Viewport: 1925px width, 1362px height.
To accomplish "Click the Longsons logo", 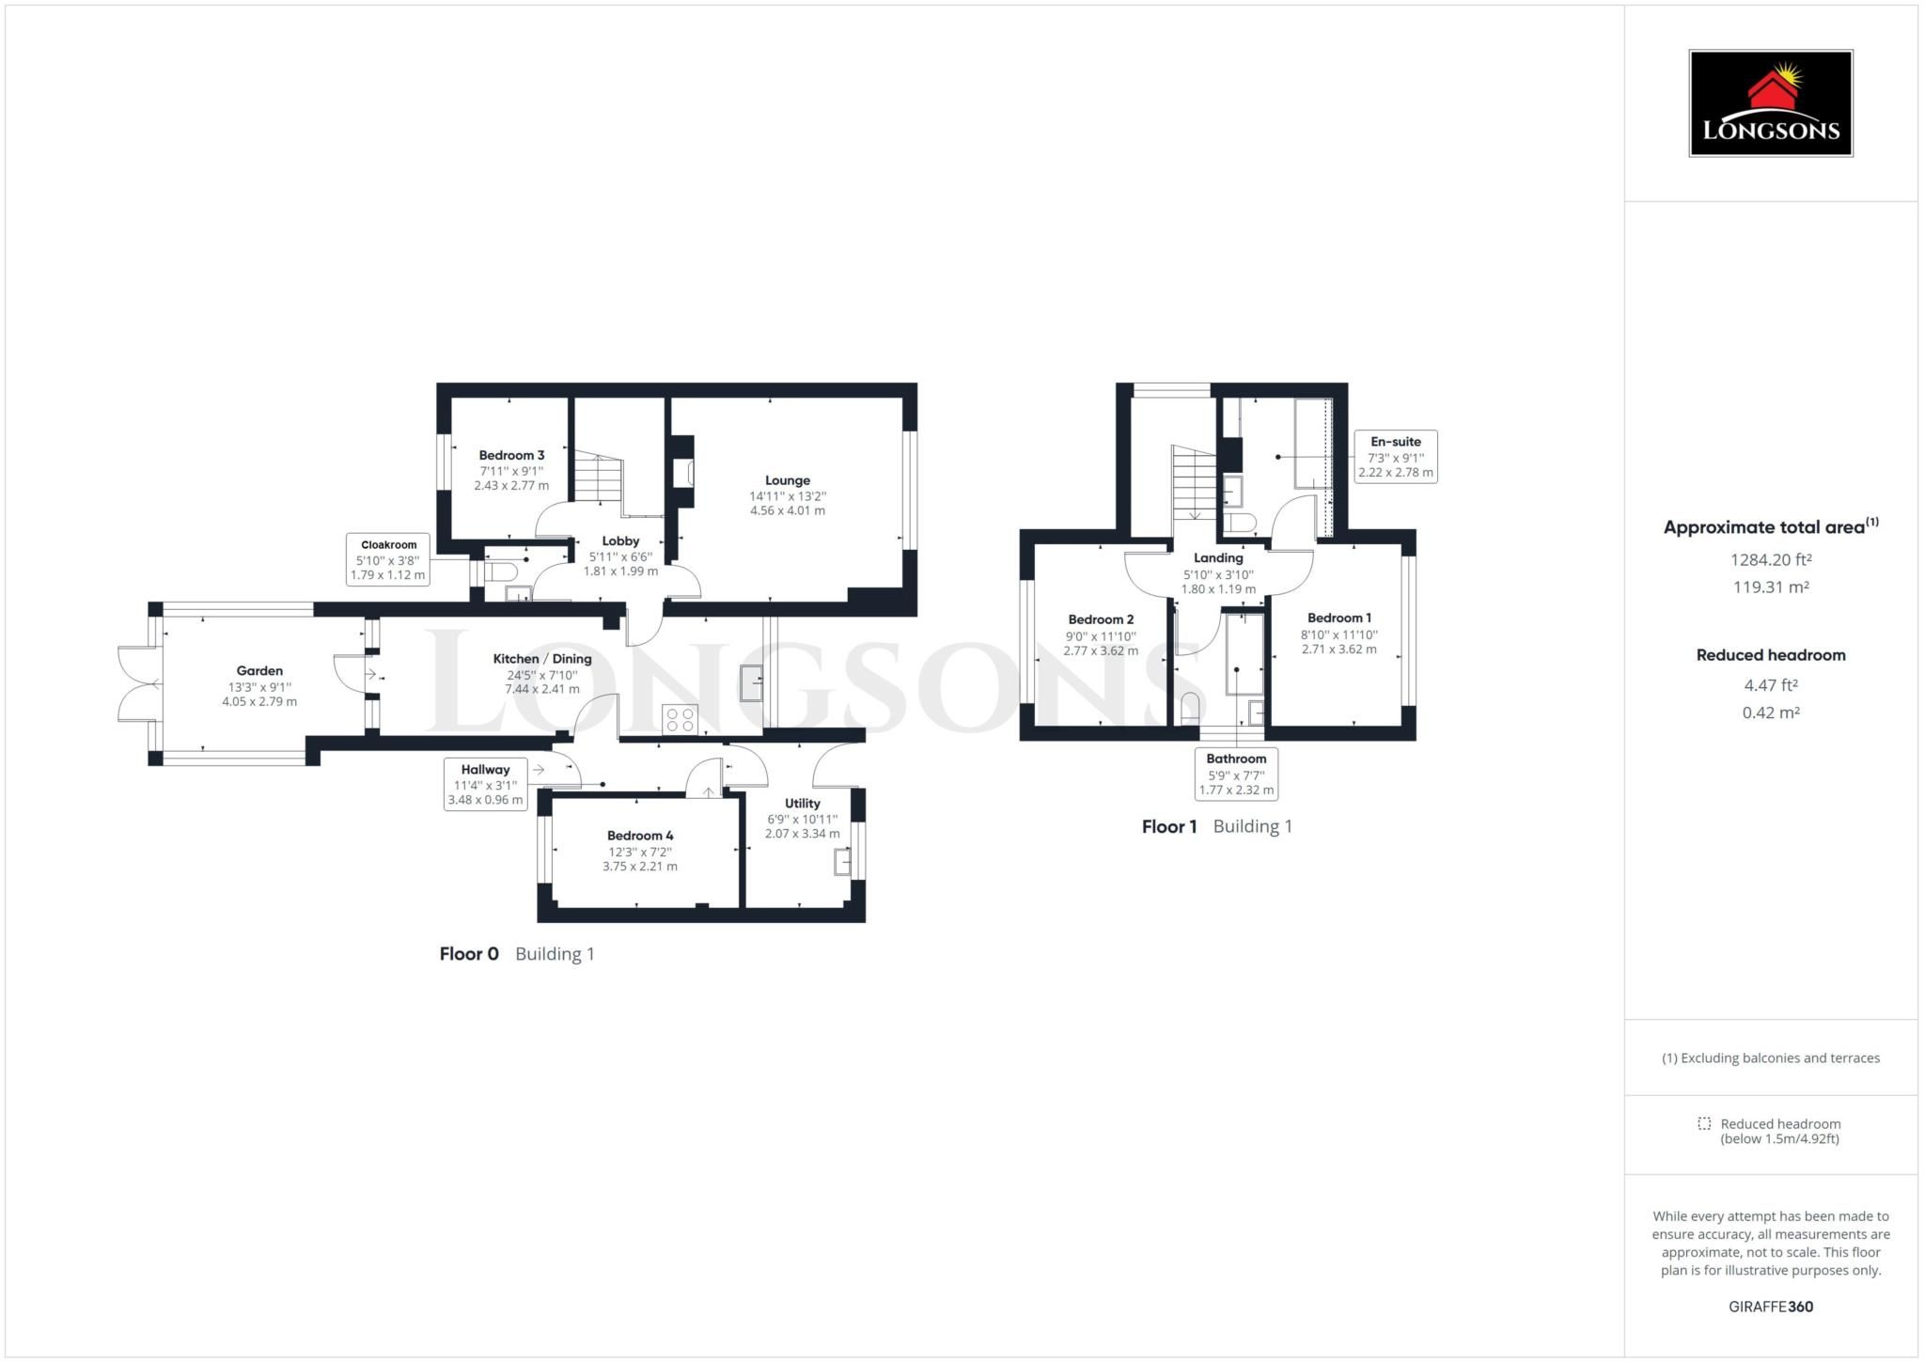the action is point(1771,102).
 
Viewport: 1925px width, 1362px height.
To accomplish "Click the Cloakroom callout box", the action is point(388,559).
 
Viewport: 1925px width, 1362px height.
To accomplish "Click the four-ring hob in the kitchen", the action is point(680,720).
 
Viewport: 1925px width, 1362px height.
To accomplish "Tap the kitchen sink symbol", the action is point(752,683).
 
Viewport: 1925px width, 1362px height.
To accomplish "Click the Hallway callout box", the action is point(485,785).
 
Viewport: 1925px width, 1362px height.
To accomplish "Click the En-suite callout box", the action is point(1396,457).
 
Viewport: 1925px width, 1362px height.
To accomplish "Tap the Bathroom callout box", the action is point(1236,774).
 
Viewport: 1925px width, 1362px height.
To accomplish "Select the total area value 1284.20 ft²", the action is point(1771,559).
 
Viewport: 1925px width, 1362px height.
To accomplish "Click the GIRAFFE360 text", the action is point(1771,1307).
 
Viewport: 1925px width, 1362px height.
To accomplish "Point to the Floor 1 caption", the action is point(1169,826).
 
